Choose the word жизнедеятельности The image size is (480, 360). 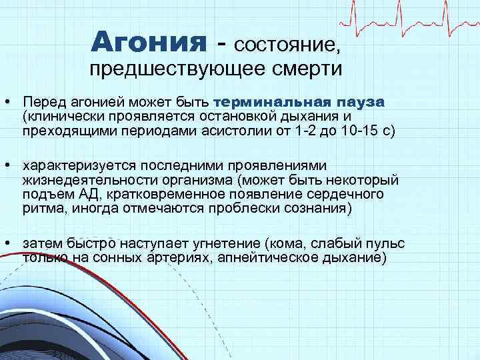pos(79,179)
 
